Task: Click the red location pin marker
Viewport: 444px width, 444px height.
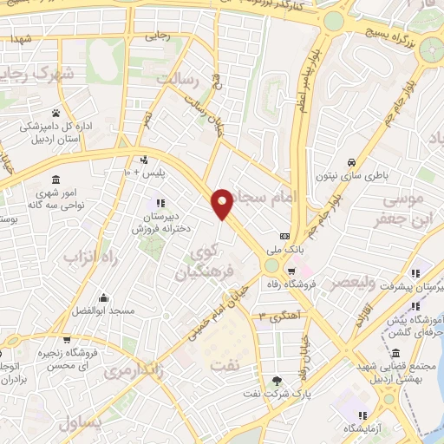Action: [224, 203]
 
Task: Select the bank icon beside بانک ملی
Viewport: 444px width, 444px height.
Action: [284, 236]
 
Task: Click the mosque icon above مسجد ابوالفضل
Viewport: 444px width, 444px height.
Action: [103, 297]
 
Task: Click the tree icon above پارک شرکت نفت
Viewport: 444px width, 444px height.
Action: [277, 380]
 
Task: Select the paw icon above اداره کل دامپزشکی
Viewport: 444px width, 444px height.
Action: [55, 113]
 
